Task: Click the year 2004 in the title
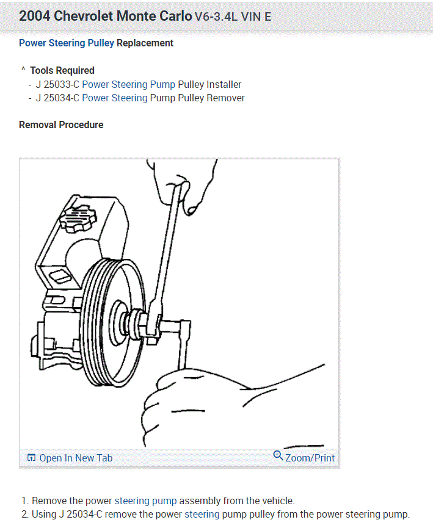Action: click(34, 16)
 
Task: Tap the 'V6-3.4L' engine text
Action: click(216, 16)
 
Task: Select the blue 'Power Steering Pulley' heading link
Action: click(67, 43)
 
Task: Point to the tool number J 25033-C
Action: click(57, 85)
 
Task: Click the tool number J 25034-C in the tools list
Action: click(57, 98)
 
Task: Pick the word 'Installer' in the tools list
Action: click(224, 85)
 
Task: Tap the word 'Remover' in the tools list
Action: click(226, 98)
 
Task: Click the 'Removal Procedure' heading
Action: click(61, 125)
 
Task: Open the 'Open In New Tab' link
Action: click(76, 458)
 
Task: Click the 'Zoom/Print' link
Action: click(310, 458)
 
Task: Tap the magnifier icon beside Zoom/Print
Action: click(278, 455)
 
